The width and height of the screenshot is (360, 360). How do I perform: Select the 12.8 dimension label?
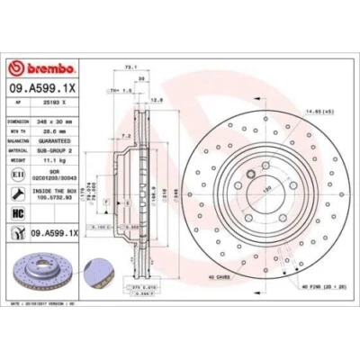[157, 100]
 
